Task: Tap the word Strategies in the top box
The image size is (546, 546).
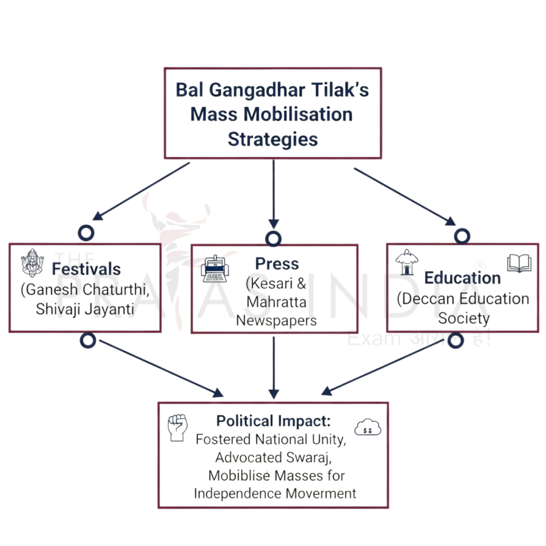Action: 273,139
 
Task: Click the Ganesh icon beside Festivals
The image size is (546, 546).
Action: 32,263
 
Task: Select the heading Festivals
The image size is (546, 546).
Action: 86,269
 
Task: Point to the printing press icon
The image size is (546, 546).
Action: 214,269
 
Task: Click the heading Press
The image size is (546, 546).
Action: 277,264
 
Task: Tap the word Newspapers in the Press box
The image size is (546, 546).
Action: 276,320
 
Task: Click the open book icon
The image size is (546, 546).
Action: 519,263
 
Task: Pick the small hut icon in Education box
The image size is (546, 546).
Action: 406,262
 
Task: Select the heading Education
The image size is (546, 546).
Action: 462,278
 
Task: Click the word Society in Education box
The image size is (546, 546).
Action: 464,318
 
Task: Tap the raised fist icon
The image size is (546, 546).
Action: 177,427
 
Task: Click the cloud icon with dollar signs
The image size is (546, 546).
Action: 368,427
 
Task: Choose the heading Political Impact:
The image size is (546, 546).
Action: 273,421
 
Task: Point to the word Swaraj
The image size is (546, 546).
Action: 308,457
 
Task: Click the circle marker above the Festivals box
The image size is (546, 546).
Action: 86,233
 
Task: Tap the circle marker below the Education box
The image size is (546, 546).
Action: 455,340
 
